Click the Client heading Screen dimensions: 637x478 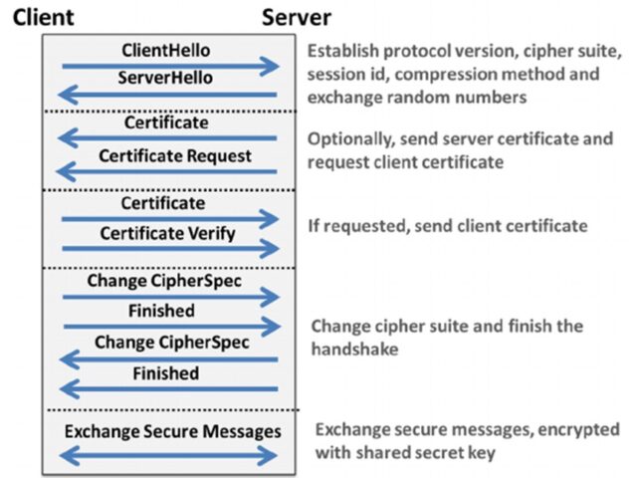pos(43,18)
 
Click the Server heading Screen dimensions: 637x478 pos(297,18)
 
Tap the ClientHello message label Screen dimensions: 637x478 pos(166,51)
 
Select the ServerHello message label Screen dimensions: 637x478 pos(165,78)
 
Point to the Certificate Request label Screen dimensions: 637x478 pos(175,156)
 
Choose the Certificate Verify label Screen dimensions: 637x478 pos(167,234)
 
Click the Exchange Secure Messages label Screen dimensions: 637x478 pos(172,431)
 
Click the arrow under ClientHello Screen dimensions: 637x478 pos(170,67)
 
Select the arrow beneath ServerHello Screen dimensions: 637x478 pos(167,96)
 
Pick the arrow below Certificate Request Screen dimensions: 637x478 pos(166,171)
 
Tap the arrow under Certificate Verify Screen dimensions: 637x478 pos(170,248)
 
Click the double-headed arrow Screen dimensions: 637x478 pos(168,456)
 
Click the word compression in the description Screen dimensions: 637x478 pos(445,75)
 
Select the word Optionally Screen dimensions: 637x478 pos(351,139)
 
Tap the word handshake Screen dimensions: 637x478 pos(354,350)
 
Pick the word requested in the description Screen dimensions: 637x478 pos(369,226)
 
